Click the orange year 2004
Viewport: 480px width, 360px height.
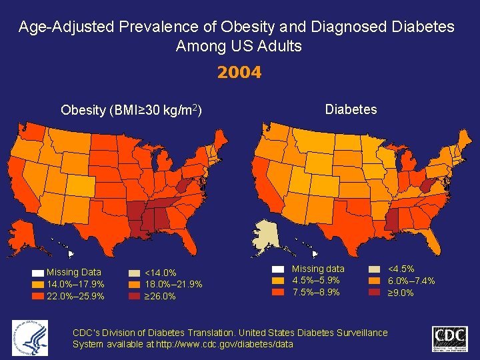[x=239, y=73]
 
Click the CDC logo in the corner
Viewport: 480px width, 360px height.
[x=450, y=339]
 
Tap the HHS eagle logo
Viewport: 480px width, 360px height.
[x=30, y=338]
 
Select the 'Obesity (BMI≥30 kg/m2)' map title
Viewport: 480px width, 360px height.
[x=131, y=110]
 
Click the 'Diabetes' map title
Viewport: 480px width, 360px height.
[x=351, y=109]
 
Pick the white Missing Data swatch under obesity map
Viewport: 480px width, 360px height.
[x=37, y=273]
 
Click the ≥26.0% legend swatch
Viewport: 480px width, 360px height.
[x=134, y=296]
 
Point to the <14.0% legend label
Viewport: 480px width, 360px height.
[x=161, y=273]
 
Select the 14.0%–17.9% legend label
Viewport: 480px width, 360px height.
[x=75, y=285]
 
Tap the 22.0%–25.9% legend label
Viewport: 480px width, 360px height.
[x=75, y=296]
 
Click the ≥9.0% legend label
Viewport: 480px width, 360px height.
[x=401, y=293]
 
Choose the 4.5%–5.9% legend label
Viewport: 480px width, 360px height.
[x=316, y=281]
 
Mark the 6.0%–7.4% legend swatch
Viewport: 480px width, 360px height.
[x=375, y=281]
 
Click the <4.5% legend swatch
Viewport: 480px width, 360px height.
[x=375, y=269]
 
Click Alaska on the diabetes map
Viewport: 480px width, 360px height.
[x=267, y=236]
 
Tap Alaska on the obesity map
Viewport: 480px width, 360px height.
[x=24, y=236]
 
